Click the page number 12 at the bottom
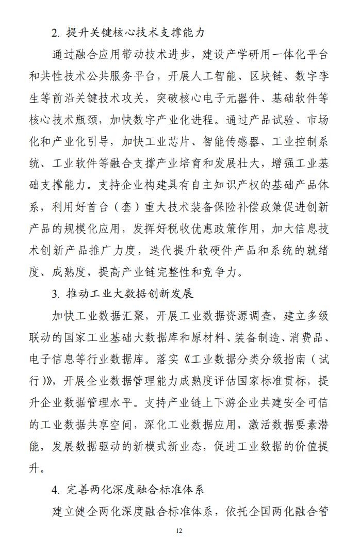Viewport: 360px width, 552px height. pos(179,531)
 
